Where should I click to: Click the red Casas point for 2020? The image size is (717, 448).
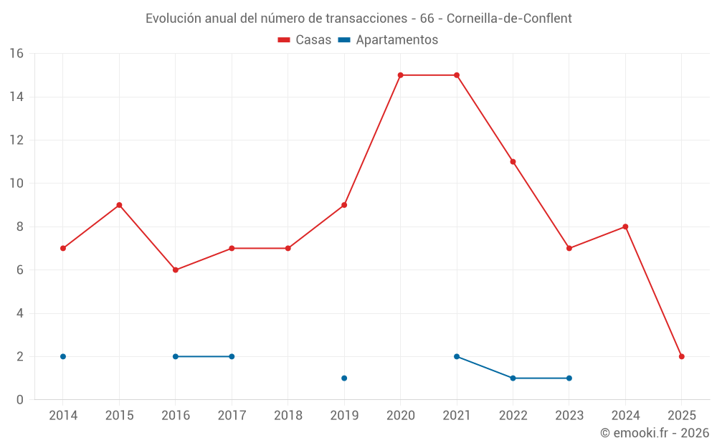[x=400, y=75]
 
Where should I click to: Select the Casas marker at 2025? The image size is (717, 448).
[x=682, y=356]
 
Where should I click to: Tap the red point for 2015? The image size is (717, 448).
[x=119, y=205]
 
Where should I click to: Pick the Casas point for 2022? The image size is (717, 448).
[x=513, y=162]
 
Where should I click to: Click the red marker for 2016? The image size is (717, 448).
[x=176, y=270]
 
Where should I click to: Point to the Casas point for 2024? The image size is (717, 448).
[x=625, y=227]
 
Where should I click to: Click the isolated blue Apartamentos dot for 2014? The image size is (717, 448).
[x=63, y=356]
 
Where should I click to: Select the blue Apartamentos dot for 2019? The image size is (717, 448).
[x=344, y=378]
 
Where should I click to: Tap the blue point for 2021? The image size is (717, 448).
[x=457, y=356]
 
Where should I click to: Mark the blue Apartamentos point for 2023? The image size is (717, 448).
[x=569, y=378]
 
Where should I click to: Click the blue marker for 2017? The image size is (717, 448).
[x=232, y=356]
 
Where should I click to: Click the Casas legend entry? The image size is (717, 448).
[x=305, y=40]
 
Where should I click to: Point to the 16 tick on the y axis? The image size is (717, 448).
[x=16, y=54]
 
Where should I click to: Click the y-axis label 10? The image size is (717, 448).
[x=16, y=184]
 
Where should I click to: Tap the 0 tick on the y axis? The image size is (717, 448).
[x=20, y=400]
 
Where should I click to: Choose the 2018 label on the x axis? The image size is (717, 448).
[x=288, y=416]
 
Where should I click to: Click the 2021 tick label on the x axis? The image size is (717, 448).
[x=457, y=416]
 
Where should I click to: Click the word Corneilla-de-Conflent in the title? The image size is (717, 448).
[x=508, y=18]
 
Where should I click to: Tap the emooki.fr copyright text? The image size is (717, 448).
[x=655, y=433]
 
